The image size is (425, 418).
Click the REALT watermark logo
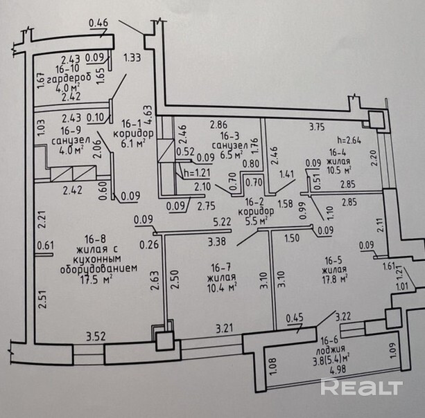coord(361,387)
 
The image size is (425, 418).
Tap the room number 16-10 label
coord(71,69)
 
